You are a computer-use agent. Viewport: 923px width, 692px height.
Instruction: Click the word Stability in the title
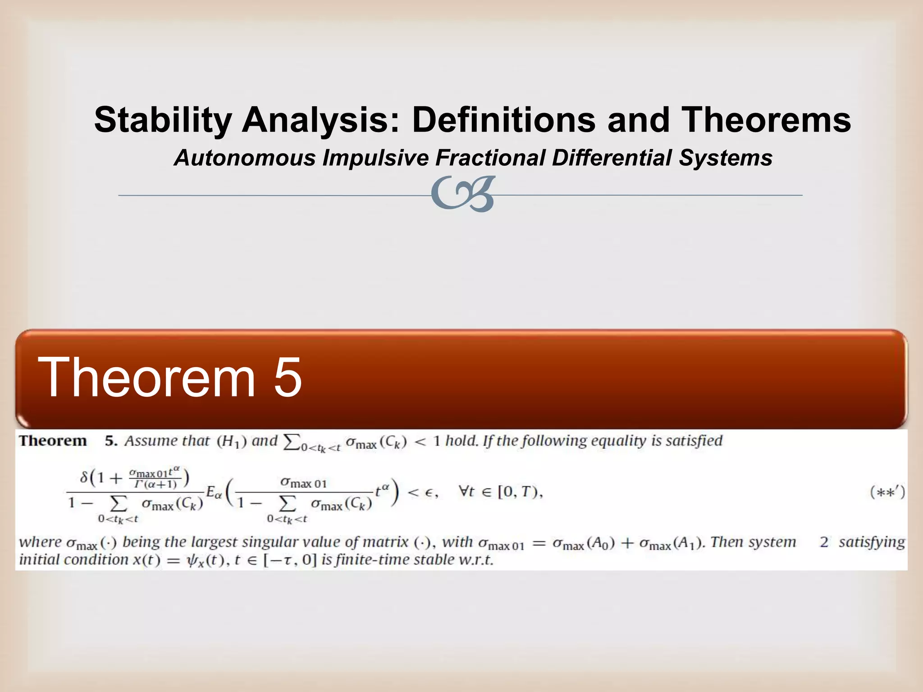click(x=162, y=120)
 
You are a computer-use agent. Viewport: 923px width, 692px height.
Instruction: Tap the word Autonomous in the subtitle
click(x=245, y=158)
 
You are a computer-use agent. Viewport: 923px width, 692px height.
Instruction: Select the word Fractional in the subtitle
click(x=490, y=158)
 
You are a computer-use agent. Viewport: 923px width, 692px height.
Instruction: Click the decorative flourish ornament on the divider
click(x=463, y=194)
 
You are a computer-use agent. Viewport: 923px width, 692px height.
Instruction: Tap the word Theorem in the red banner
click(x=147, y=377)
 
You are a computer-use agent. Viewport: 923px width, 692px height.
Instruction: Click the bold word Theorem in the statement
click(x=53, y=441)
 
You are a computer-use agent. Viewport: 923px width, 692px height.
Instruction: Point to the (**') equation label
click(x=887, y=492)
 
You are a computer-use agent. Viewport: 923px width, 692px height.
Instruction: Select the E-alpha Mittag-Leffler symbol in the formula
click(x=214, y=492)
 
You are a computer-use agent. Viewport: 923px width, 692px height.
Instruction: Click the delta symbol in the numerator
click(x=84, y=477)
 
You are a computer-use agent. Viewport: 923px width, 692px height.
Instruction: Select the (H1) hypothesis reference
click(x=232, y=441)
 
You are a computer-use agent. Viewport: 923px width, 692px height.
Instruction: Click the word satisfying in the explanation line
click(x=872, y=542)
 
